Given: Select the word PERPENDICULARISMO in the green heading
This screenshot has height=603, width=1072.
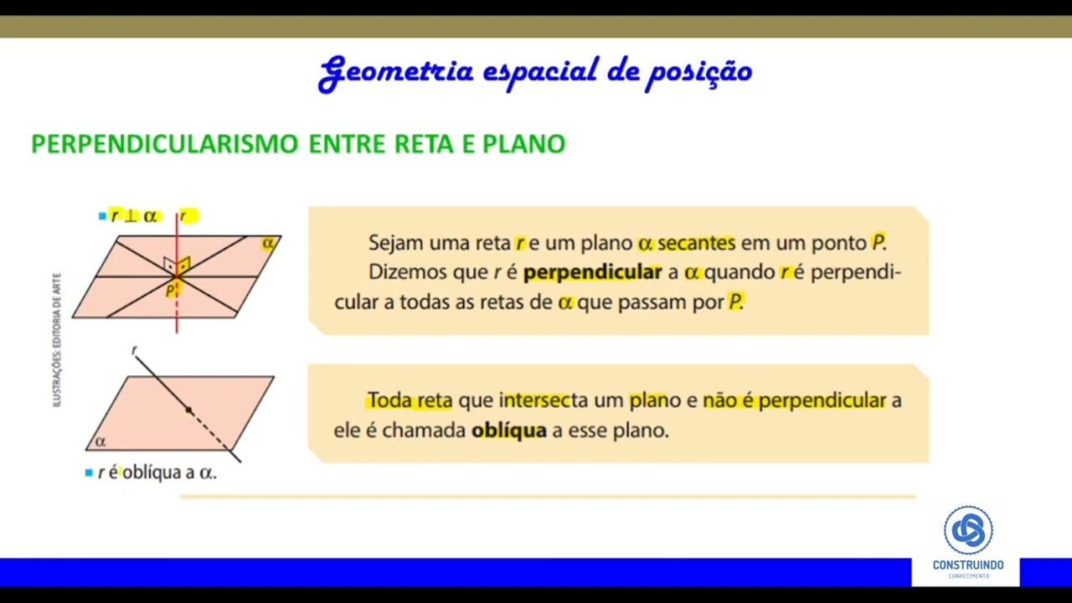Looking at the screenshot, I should [164, 144].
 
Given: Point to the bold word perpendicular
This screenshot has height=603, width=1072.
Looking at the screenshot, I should [592, 272].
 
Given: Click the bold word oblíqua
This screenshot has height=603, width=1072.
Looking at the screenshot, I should [509, 430].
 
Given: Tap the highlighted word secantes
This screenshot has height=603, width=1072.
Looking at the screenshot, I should [696, 243].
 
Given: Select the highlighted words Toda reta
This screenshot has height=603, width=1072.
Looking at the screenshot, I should [410, 400].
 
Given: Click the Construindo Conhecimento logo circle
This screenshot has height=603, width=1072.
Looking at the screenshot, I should [968, 530].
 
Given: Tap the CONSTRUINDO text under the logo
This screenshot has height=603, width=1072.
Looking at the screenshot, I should [968, 565].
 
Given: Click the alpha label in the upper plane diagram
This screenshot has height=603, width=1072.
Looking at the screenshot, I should [268, 244].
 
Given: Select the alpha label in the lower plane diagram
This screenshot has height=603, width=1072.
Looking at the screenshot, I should [100, 441].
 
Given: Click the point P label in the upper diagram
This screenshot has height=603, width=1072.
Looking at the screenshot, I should [171, 291].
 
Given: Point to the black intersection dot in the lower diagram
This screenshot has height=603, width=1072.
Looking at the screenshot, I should [188, 410].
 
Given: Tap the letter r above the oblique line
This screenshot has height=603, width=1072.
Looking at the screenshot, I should [134, 351].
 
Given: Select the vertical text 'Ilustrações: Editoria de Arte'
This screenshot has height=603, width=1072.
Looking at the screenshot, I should [57, 340].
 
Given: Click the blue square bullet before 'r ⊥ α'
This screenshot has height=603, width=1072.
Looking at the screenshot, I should [102, 216].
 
